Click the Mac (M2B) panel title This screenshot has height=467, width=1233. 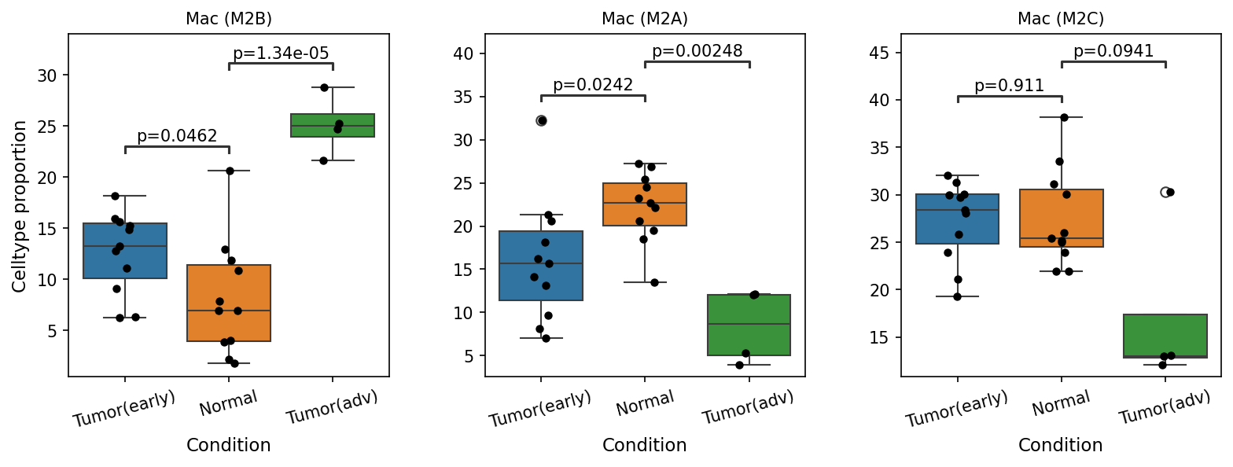(228, 19)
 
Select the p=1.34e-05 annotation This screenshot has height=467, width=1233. (281, 53)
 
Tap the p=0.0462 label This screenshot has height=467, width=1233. (177, 136)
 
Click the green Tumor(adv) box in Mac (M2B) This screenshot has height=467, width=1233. (333, 126)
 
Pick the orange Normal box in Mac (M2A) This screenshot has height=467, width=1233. (645, 204)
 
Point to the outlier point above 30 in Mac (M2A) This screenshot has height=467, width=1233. (542, 120)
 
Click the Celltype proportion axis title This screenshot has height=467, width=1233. (19, 206)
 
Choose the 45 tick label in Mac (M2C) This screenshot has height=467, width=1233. (880, 53)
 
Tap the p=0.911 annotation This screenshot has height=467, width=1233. (1009, 86)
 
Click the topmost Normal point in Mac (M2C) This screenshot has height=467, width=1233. (1064, 117)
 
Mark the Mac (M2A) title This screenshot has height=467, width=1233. (645, 19)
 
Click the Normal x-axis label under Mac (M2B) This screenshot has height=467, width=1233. (228, 403)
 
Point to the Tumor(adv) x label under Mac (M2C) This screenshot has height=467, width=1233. (1164, 407)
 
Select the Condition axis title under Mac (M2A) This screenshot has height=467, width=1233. (645, 445)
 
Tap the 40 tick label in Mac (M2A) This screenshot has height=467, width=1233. (463, 54)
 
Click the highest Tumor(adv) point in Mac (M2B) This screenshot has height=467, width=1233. (324, 87)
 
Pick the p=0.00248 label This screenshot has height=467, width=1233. (697, 51)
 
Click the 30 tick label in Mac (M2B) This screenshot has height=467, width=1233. (47, 75)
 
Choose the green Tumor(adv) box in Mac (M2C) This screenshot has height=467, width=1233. (1165, 336)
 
